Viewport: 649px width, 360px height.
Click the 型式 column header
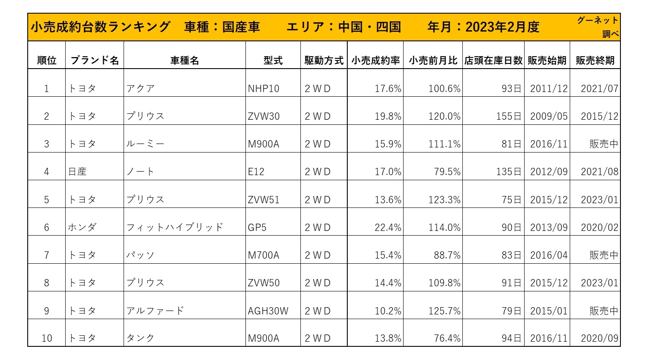click(273, 60)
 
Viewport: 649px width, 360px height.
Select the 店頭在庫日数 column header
click(493, 60)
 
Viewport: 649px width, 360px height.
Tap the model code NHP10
click(263, 89)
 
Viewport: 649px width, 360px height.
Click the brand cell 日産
click(78, 172)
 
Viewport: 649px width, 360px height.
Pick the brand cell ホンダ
click(82, 228)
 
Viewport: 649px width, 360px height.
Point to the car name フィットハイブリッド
click(175, 228)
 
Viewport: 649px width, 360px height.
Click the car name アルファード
click(155, 311)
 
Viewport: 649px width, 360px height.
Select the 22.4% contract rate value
click(388, 228)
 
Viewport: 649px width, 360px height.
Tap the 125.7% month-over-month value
click(444, 311)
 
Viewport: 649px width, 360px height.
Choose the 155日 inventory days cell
click(508, 116)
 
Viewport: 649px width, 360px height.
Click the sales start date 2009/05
click(548, 116)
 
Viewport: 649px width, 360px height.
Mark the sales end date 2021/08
click(599, 172)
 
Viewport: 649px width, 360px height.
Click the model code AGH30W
click(268, 311)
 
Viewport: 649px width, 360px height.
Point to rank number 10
click(47, 338)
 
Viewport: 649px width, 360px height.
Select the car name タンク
click(140, 338)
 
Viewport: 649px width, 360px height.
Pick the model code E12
click(256, 172)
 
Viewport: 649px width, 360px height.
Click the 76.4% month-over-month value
click(447, 338)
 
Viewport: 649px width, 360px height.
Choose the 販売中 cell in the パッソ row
click(603, 255)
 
